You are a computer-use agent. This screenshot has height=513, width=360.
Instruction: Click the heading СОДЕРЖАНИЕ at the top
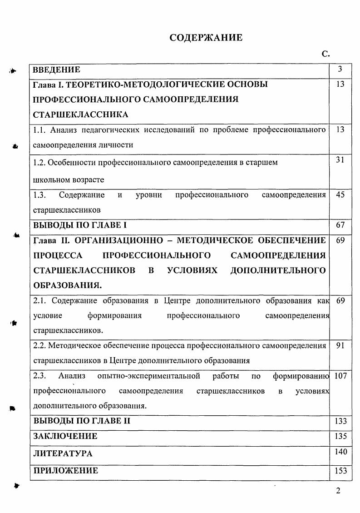click(206, 38)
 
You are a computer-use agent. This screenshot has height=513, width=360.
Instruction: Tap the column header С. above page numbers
click(325, 54)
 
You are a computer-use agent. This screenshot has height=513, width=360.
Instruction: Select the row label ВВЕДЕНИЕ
click(57, 70)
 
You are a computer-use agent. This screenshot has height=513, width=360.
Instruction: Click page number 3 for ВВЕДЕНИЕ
click(340, 69)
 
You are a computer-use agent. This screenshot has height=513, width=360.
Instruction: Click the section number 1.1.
click(40, 130)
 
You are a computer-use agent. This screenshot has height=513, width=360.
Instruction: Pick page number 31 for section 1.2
click(340, 159)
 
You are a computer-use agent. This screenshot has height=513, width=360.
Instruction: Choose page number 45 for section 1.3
click(340, 195)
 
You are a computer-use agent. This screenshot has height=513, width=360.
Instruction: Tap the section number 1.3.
click(40, 195)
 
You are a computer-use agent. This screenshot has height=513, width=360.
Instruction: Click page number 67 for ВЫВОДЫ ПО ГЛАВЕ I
click(340, 225)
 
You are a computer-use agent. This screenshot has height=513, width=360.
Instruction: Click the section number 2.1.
click(40, 301)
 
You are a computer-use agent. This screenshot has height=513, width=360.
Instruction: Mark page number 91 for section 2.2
click(340, 345)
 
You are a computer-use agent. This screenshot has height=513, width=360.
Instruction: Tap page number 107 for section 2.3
click(340, 376)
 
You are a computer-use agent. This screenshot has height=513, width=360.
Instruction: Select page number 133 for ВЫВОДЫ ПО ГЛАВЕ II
click(340, 421)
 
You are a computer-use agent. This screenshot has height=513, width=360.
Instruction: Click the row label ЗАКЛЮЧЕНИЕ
click(65, 436)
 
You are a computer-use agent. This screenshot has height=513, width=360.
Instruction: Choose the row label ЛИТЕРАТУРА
click(63, 453)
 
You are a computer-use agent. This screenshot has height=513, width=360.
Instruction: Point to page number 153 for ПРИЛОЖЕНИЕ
click(340, 471)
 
